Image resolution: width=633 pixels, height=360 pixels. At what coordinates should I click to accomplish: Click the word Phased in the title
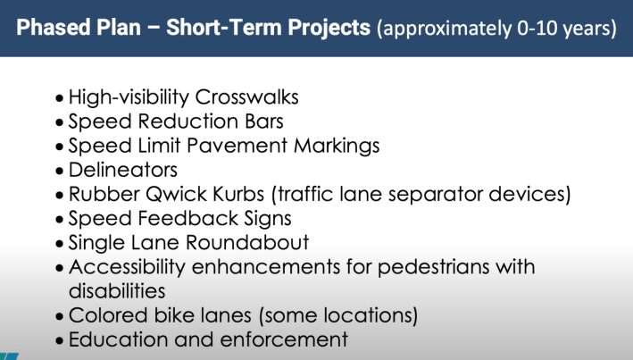point(54,28)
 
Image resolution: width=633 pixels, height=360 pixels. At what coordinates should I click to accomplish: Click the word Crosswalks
point(246,97)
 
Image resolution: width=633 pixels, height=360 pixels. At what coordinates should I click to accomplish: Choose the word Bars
point(264,121)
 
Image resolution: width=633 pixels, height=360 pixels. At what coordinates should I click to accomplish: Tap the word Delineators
point(123,170)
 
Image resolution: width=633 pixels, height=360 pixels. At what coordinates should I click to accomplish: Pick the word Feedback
point(187,218)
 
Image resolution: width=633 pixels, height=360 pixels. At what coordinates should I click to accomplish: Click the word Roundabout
point(247,242)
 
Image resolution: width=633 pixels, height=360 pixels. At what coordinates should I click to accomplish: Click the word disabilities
point(117,291)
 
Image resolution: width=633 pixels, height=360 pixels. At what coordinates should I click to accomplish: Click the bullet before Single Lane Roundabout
point(60,244)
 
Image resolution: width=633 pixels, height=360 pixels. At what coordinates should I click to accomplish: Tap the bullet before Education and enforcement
point(60,340)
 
